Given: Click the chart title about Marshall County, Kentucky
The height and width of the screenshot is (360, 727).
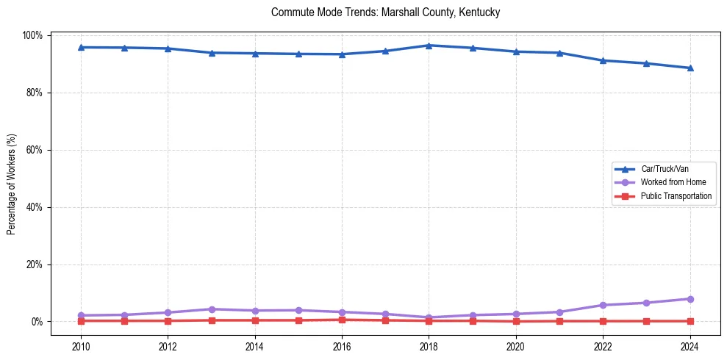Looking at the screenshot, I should tap(385, 12).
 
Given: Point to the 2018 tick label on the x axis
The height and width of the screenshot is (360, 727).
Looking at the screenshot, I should tap(429, 347).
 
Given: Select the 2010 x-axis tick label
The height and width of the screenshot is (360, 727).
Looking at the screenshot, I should tap(81, 347).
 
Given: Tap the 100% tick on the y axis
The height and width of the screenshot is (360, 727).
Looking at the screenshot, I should tap(33, 35).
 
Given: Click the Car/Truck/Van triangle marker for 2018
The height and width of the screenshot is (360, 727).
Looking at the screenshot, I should tap(429, 46).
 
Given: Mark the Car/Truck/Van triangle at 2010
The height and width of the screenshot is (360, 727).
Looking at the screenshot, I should tap(81, 47).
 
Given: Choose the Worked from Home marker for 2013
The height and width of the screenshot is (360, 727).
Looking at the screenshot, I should tap(212, 309).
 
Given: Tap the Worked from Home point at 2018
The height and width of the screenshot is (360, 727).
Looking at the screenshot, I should tap(429, 317).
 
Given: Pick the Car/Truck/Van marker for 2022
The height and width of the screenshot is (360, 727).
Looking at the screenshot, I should tap(603, 60).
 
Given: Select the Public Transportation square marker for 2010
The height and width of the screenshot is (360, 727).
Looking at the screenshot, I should tap(81, 321).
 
